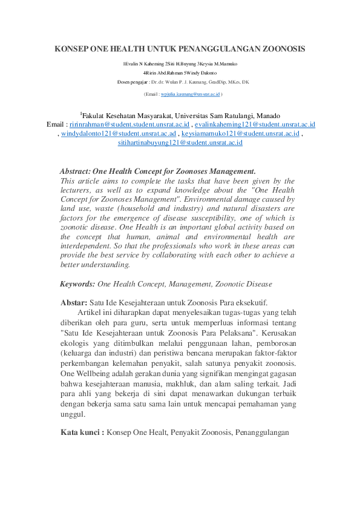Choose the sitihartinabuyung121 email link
[180, 144]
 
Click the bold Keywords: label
[77, 283]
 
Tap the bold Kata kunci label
[82, 432]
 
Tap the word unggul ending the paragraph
[73, 415]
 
